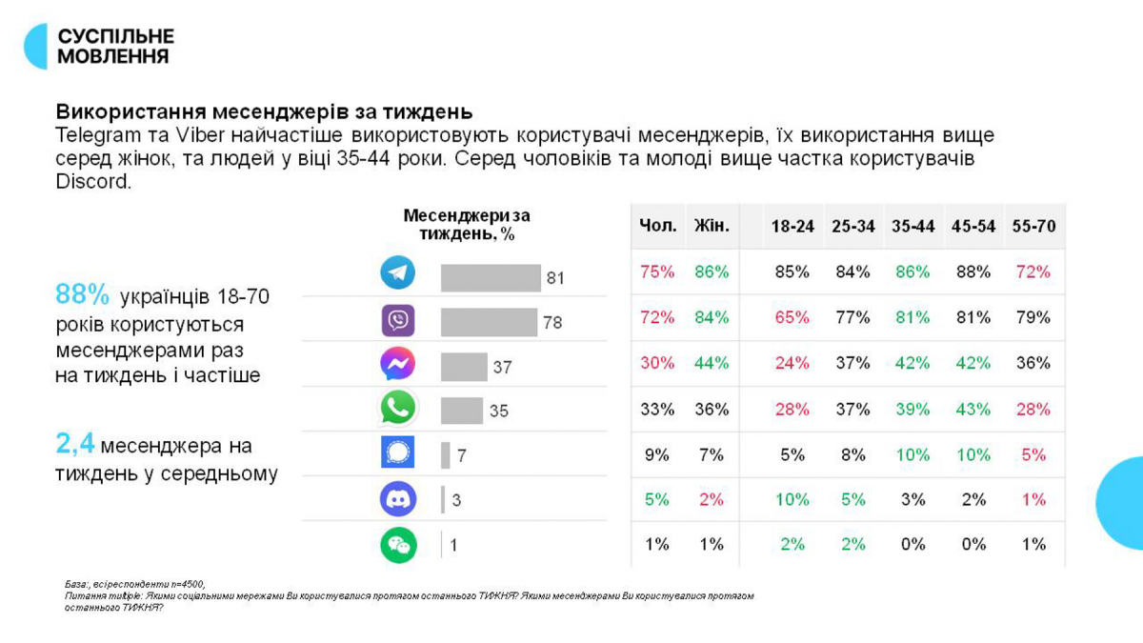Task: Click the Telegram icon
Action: click(397, 273)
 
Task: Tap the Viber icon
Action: click(397, 320)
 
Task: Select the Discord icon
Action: click(397, 499)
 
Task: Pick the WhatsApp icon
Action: click(397, 409)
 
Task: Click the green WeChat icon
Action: click(397, 545)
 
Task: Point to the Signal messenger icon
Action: click(397, 454)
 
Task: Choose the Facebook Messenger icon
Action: click(397, 364)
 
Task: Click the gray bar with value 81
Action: click(490, 278)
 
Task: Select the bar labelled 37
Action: click(463, 367)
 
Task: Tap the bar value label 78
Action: click(552, 323)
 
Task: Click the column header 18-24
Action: click(792, 227)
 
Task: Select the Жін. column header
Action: click(712, 227)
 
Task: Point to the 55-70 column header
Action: click(1033, 227)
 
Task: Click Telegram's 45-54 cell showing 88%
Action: click(973, 271)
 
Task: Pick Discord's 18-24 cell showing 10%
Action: click(792, 499)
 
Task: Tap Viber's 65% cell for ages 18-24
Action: click(792, 317)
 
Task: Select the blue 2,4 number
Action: click(74, 443)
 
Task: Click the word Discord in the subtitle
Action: click(92, 181)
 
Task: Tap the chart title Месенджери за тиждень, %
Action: click(466, 225)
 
